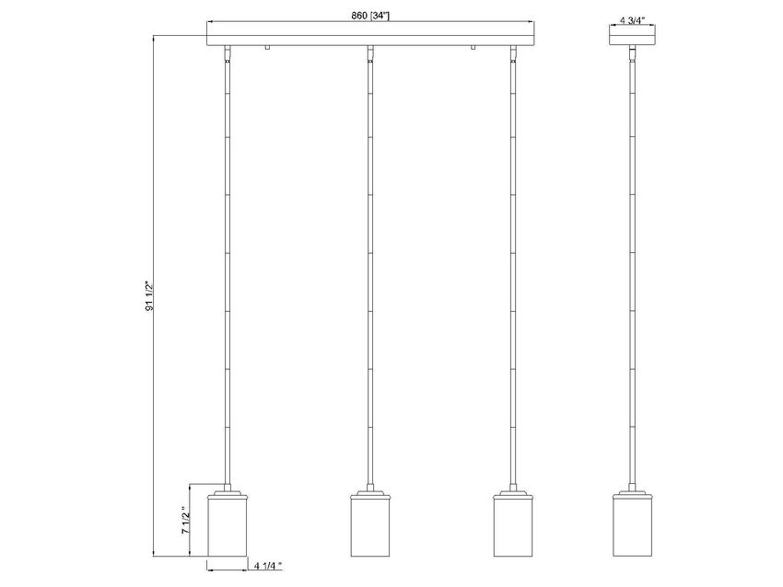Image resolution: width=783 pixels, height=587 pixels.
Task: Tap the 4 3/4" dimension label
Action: coord(632,17)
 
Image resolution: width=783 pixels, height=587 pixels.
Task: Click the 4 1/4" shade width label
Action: coord(268,567)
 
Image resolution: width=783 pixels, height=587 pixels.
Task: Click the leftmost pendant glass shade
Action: coord(227,527)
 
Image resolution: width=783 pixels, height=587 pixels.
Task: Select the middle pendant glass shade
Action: coord(368,527)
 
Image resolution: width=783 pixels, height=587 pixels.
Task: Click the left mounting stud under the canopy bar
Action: coord(266,49)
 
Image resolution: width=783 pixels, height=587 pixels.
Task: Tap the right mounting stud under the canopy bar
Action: coord(472,49)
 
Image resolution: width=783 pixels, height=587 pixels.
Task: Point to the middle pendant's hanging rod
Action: coord(368,276)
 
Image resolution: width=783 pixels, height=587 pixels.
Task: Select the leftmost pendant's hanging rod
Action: coord(227,276)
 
